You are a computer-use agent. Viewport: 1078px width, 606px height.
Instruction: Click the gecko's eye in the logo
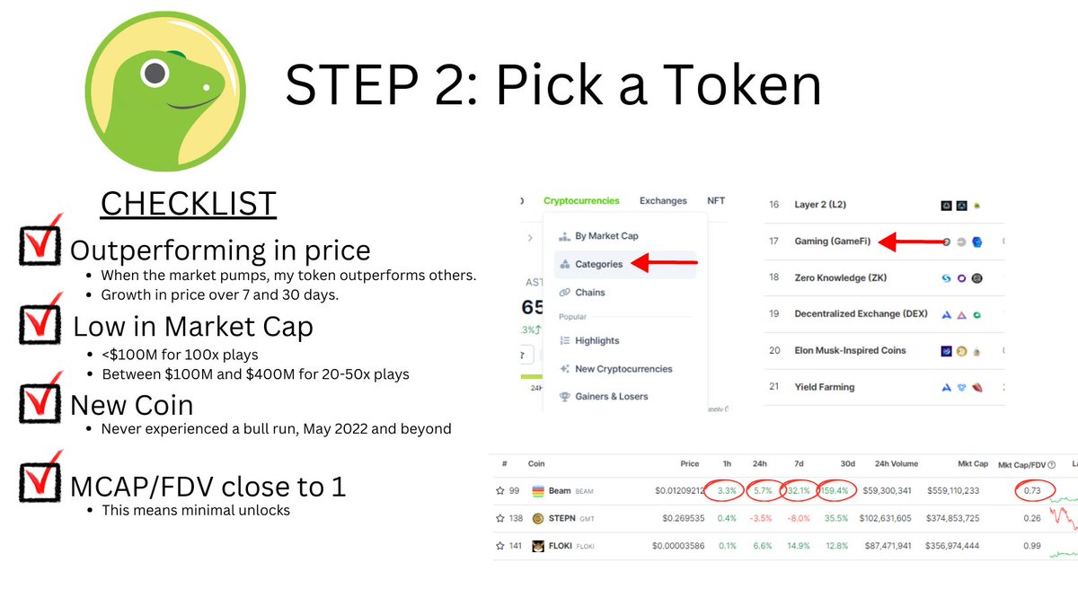coord(155,71)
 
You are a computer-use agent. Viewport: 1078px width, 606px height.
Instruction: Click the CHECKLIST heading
coord(189,203)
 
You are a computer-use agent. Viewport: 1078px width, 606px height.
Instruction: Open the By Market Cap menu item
coord(606,236)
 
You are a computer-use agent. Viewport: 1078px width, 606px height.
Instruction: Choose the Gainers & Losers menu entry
coord(611,396)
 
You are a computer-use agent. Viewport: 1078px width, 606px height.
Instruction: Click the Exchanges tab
coord(663,201)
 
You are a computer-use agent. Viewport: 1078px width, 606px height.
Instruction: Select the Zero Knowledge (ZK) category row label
coord(840,277)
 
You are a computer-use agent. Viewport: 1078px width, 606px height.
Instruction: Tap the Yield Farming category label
coord(824,387)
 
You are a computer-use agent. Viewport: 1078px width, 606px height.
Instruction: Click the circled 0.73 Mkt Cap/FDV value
coord(1034,491)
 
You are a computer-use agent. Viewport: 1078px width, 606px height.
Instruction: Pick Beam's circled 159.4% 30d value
coord(835,491)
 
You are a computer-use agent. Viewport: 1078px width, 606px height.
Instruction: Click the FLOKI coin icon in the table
coord(538,546)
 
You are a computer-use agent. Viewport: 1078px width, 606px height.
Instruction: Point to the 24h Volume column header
coord(892,464)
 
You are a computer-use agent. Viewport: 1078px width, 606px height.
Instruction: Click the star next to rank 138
coord(499,518)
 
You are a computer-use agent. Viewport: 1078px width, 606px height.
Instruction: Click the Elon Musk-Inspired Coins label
coord(850,350)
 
